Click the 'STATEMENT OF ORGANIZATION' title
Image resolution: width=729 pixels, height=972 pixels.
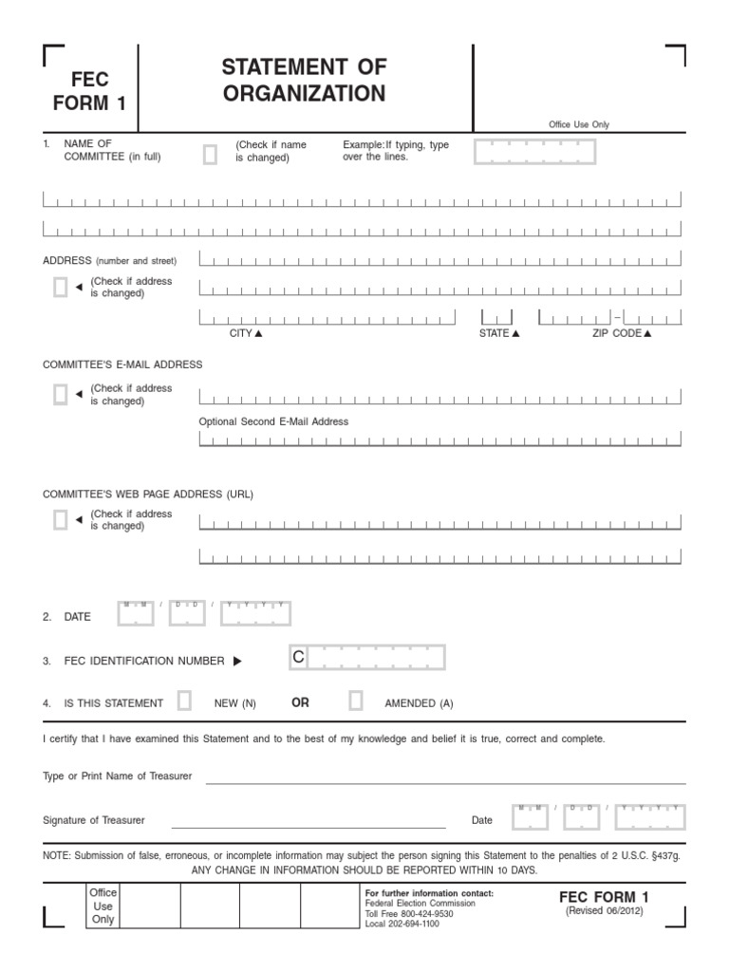click(x=304, y=80)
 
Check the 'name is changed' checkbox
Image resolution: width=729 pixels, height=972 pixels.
click(x=210, y=155)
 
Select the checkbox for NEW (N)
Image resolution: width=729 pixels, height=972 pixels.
click(x=184, y=701)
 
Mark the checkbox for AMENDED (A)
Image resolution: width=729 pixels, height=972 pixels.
click(x=356, y=701)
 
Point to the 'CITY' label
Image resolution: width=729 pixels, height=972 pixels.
click(x=241, y=334)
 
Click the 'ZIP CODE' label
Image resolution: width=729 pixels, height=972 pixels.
click(x=617, y=334)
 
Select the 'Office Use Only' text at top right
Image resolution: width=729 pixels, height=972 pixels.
click(x=579, y=124)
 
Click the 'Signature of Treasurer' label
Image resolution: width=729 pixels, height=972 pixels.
click(x=94, y=820)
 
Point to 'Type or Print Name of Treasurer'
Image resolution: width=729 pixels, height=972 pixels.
click(x=118, y=776)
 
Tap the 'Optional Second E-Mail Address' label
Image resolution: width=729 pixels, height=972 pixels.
click(x=273, y=421)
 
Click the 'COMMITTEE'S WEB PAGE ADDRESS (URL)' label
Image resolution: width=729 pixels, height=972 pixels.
click(x=148, y=495)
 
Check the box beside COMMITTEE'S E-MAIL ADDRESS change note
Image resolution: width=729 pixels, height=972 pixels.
click(x=61, y=395)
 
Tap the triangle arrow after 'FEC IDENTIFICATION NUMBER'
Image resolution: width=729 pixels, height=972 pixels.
click(x=237, y=661)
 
